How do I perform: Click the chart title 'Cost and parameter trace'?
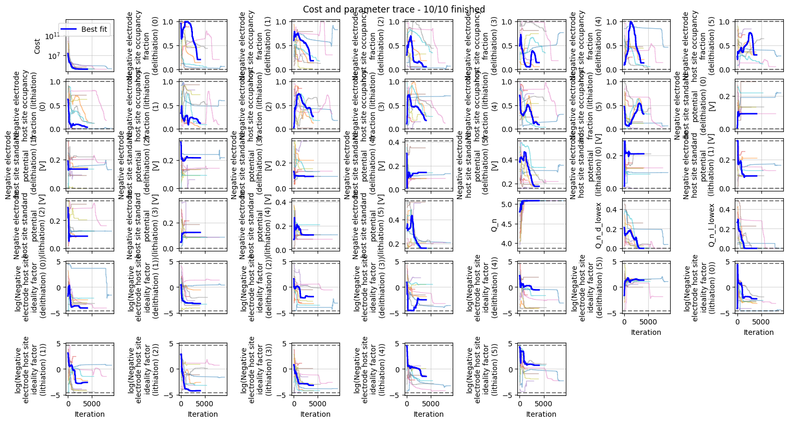click(x=394, y=9)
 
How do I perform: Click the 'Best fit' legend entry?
click(x=94, y=29)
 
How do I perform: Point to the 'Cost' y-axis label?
click(x=37, y=46)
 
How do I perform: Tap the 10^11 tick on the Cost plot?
click(x=52, y=36)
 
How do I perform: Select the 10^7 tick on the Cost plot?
click(x=54, y=55)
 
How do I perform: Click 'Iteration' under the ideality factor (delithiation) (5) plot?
click(x=646, y=332)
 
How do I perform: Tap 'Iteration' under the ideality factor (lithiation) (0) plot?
click(x=758, y=332)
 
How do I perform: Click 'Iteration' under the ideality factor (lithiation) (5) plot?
click(x=541, y=415)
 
